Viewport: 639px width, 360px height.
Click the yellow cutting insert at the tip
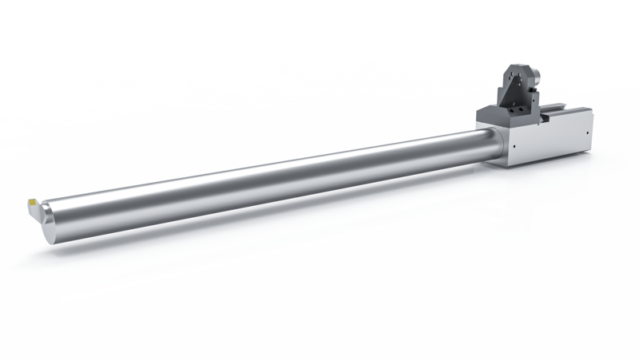33,203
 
